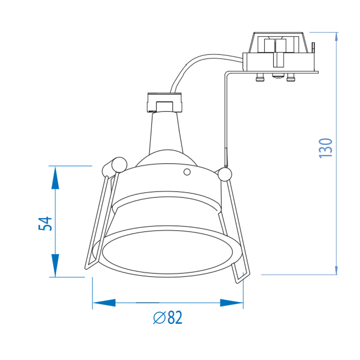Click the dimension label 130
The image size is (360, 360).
pyautogui.click(x=325, y=147)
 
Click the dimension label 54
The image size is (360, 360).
pyautogui.click(x=46, y=223)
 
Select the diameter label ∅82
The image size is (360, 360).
pyautogui.click(x=168, y=318)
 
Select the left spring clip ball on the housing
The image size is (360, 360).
pyautogui.click(x=119, y=165)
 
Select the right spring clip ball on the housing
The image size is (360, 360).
pyautogui.click(x=225, y=175)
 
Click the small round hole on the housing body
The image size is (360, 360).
pyautogui.click(x=186, y=172)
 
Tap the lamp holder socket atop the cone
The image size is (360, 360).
pyautogui.click(x=165, y=102)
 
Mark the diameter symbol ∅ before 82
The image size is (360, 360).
pyautogui.click(x=159, y=318)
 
